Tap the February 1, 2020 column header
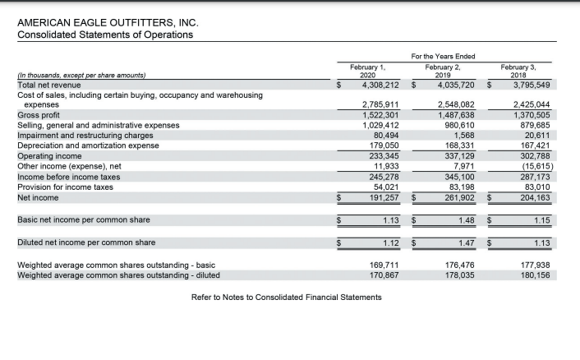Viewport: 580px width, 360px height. [368, 70]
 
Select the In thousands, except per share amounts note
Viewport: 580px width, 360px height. [81, 75]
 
